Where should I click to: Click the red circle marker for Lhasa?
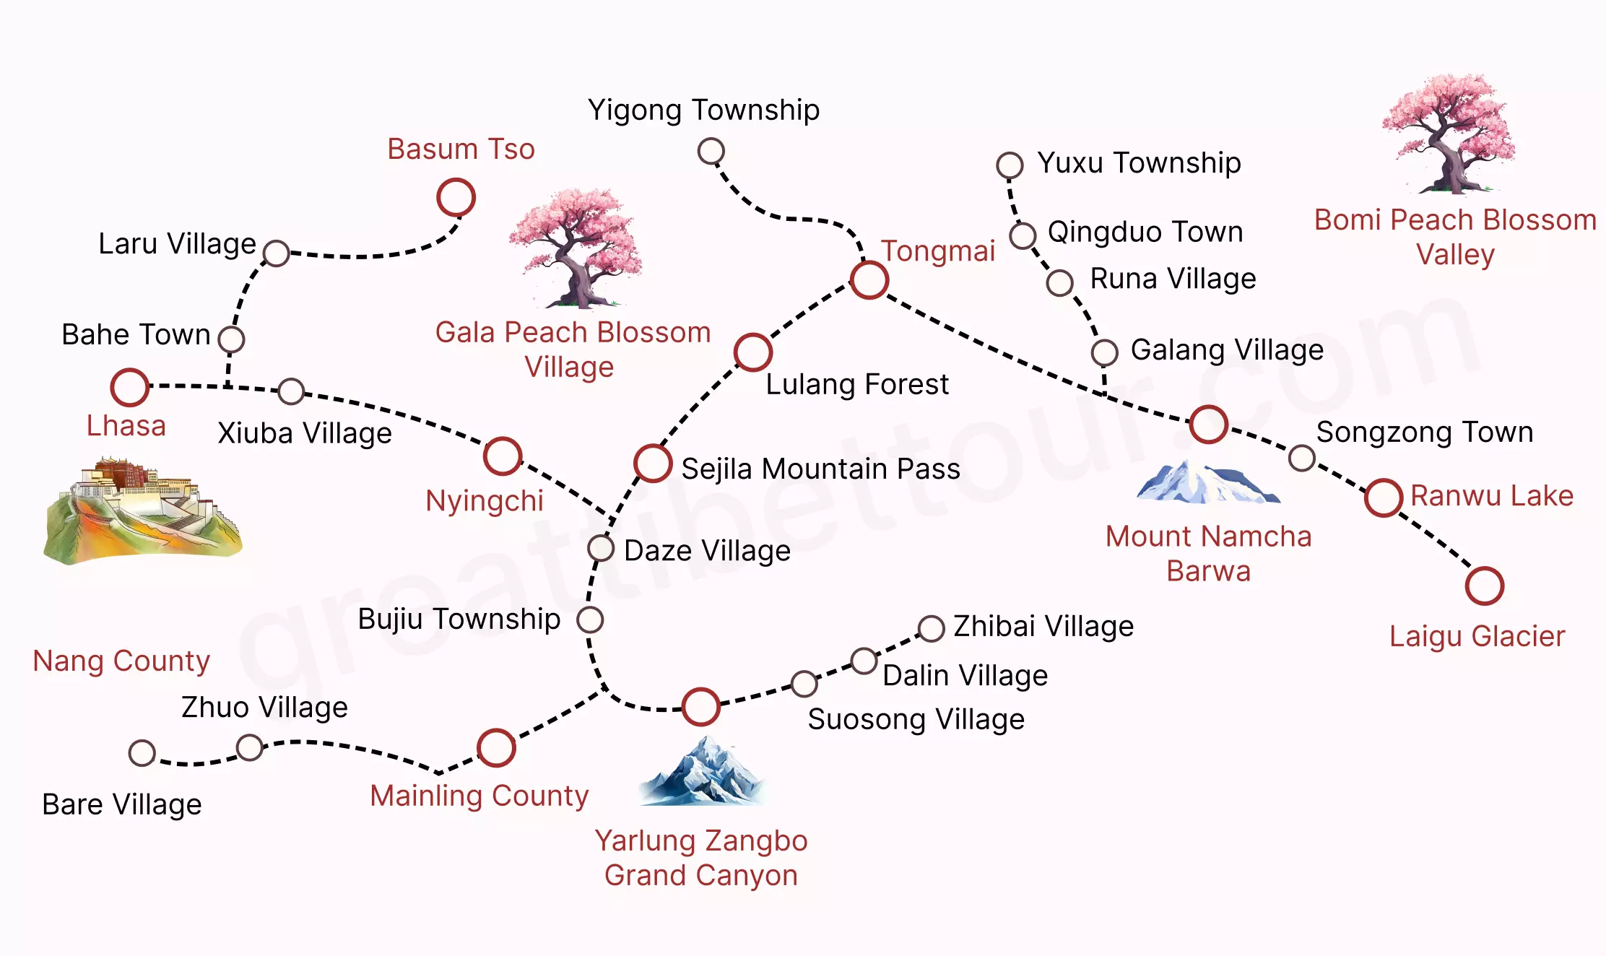point(130,387)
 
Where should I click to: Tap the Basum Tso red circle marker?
point(456,198)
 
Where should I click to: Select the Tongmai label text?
point(938,251)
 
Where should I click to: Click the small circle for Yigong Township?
point(711,152)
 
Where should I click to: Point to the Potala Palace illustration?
point(142,510)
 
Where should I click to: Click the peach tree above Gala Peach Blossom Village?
point(576,248)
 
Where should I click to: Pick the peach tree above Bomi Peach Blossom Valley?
point(1449,134)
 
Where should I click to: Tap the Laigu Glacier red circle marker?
point(1485,586)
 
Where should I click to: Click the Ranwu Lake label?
point(1492,496)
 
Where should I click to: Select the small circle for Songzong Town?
point(1302,458)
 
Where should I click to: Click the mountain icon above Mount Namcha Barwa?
point(1207,482)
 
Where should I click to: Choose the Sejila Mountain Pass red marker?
point(653,464)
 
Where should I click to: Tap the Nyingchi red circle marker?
point(503,456)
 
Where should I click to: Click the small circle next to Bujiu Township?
point(590,620)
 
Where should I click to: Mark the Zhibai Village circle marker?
point(931,628)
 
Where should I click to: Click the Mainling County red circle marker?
point(496,747)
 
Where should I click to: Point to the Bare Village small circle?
point(142,753)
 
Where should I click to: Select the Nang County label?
point(121,661)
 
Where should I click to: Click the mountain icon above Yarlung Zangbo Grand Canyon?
point(701,771)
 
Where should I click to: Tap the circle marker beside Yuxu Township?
point(1010,165)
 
